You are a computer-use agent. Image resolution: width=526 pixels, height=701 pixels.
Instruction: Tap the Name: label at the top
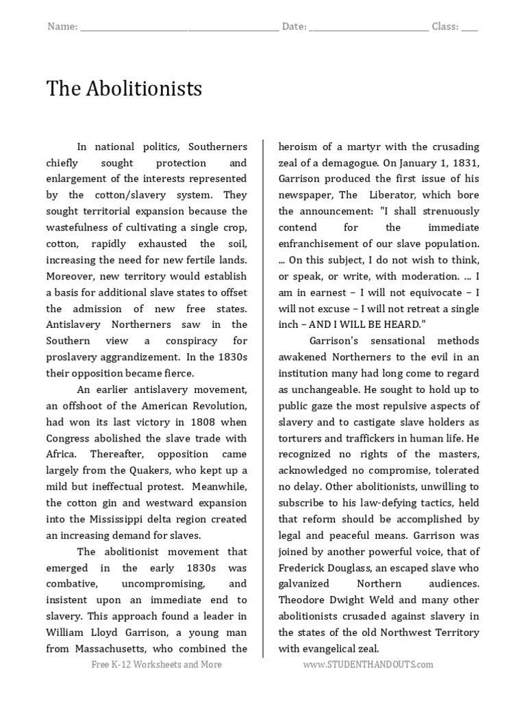[x=62, y=27]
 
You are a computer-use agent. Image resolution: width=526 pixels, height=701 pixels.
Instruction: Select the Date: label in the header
[x=294, y=27]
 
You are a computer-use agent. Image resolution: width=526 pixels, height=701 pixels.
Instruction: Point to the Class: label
[x=444, y=27]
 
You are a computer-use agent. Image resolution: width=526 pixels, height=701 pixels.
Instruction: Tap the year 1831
[x=465, y=163]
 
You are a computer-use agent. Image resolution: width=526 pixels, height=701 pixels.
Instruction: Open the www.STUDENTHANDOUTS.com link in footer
[x=368, y=665]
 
